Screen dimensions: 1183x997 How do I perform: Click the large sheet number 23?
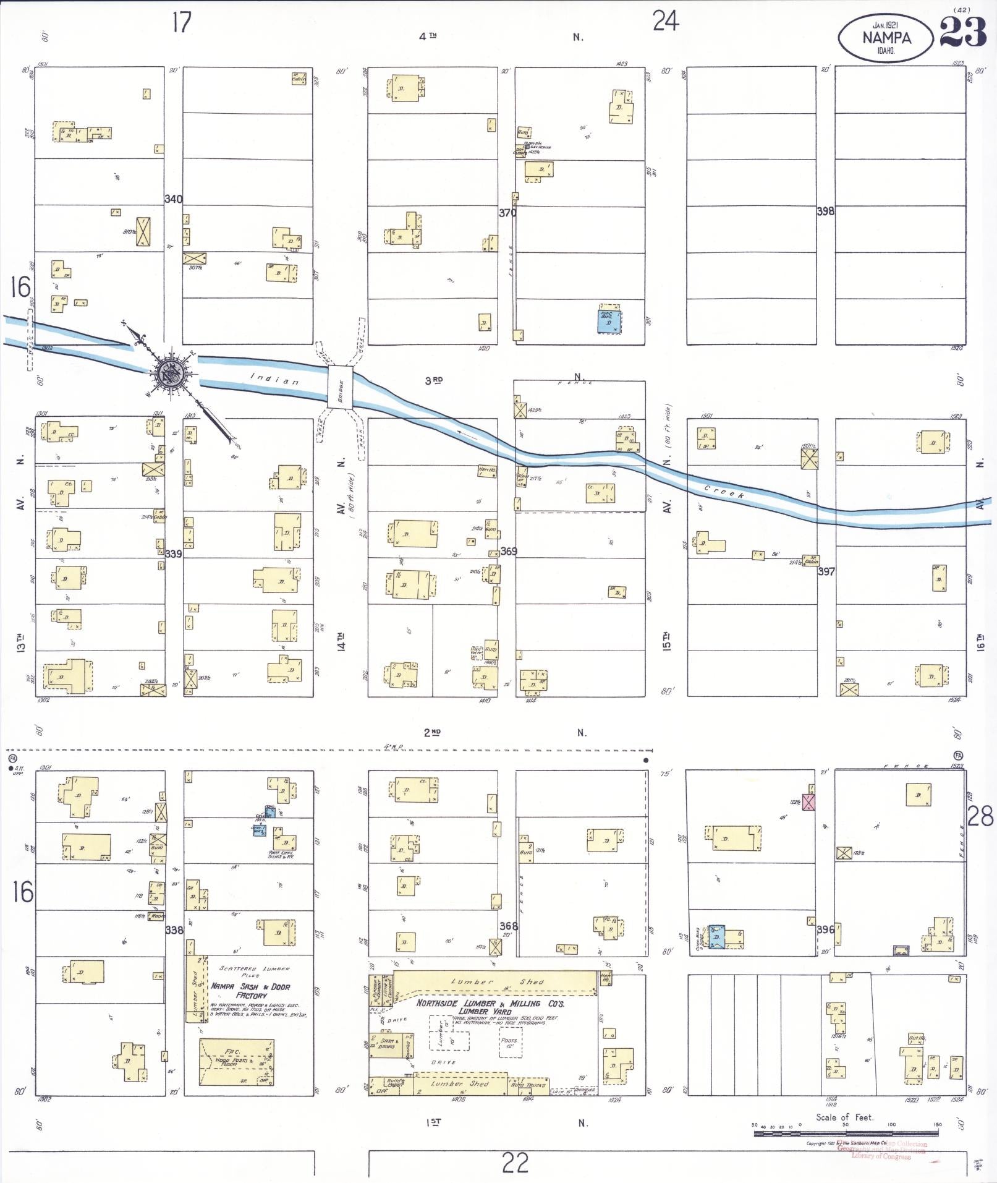click(962, 32)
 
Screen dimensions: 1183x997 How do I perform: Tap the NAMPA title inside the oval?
click(886, 38)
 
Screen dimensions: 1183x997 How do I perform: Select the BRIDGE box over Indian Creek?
click(340, 387)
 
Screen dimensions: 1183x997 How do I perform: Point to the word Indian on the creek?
click(274, 379)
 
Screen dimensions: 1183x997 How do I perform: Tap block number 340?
click(173, 199)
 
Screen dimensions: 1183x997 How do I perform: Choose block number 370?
click(507, 213)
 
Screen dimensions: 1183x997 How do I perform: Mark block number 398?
click(825, 211)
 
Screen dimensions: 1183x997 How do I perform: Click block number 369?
click(508, 551)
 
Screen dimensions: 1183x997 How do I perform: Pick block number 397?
click(826, 571)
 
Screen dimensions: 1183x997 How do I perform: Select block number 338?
click(174, 929)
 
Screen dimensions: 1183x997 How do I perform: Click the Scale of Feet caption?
click(844, 1117)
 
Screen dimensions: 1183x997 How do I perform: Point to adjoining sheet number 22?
click(515, 1163)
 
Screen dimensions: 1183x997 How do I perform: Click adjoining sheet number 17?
click(182, 23)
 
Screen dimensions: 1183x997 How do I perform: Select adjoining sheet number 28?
click(980, 817)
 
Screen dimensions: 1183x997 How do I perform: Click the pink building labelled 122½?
click(808, 802)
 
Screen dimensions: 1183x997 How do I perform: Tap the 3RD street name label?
click(433, 381)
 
